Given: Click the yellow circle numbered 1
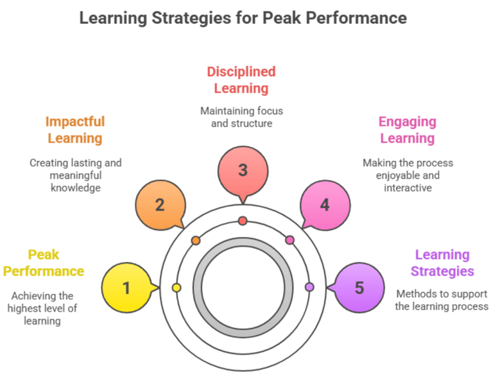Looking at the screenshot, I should click(x=126, y=288).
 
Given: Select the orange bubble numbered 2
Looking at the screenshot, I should click(x=160, y=205).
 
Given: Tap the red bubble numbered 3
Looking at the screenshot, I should click(x=242, y=171).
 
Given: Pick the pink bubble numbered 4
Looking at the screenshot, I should click(x=325, y=205).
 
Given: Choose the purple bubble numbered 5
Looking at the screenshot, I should click(x=359, y=288).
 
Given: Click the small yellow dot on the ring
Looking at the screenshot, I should click(x=177, y=288).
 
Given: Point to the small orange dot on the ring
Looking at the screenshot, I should click(x=196, y=241).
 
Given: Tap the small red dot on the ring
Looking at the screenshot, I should click(x=243, y=221).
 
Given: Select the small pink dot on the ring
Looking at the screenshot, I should click(x=290, y=240).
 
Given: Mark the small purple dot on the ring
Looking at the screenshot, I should click(x=309, y=287).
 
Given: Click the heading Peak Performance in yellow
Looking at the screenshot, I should click(x=44, y=263).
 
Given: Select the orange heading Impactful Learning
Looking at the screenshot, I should click(x=75, y=130).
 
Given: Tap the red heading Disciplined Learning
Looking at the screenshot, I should click(x=241, y=80).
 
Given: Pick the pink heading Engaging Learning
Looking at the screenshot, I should click(x=408, y=130).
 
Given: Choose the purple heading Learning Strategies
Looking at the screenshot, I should click(x=442, y=263).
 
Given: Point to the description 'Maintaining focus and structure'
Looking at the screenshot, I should click(x=242, y=117).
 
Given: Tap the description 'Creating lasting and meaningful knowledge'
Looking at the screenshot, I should click(x=75, y=175).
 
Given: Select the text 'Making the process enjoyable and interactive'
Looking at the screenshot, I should click(x=408, y=175).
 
